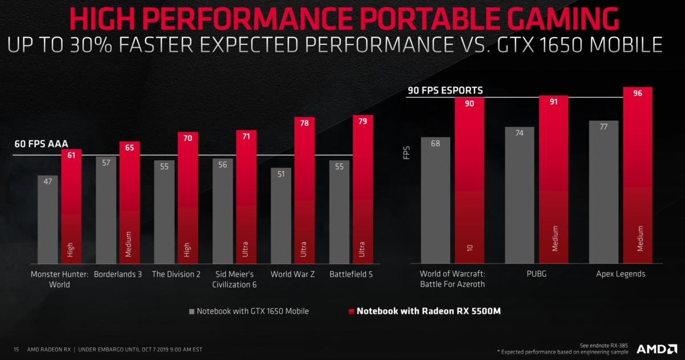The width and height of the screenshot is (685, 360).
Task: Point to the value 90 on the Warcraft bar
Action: (469, 103)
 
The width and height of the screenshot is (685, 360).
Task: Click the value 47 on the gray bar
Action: (48, 181)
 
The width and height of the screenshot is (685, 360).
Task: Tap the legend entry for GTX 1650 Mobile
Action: (249, 312)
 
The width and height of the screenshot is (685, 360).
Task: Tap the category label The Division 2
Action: (176, 274)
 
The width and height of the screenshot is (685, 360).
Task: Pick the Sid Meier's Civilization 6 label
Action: (234, 279)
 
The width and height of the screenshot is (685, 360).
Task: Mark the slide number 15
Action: (17, 349)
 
